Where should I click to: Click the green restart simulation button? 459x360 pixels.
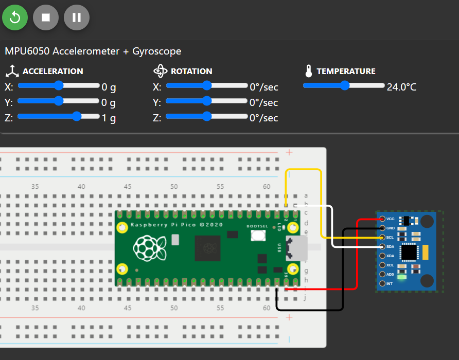15,17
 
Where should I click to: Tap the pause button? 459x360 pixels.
77,17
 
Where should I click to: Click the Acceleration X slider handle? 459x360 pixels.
59,85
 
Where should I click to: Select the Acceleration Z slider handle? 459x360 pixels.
77,116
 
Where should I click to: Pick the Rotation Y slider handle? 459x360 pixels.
207,101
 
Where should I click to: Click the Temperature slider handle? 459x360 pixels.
345,85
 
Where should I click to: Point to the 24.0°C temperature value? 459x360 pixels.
401,87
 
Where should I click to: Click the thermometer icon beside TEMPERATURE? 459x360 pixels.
309,71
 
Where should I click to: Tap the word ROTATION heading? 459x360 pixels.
191,71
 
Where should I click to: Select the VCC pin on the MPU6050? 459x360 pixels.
382,219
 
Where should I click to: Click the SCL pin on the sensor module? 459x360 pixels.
382,237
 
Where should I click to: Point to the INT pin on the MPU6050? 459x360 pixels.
382,283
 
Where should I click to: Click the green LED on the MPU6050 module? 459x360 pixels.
402,278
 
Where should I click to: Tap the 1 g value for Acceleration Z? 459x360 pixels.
109,118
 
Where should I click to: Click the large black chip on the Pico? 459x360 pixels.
208,248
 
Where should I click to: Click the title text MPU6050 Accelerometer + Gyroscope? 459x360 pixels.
93,51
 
